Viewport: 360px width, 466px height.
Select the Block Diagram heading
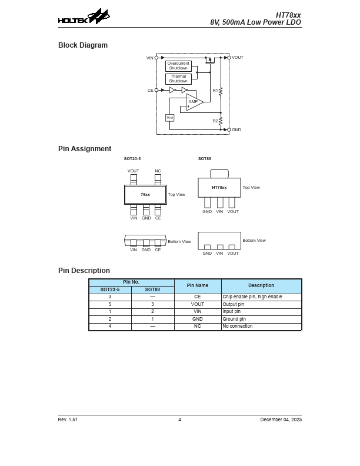(x=82, y=45)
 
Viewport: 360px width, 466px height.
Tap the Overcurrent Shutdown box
(x=178, y=65)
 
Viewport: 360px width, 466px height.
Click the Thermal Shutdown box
(x=178, y=79)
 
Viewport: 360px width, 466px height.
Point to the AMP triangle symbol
(x=194, y=102)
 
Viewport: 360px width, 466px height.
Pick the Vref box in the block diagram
(x=170, y=118)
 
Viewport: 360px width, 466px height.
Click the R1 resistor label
(x=215, y=90)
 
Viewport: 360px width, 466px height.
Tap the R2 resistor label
(x=215, y=121)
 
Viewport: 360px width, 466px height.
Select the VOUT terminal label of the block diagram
(x=237, y=58)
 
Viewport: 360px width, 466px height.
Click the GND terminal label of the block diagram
(x=236, y=129)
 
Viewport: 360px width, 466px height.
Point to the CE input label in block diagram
(x=150, y=90)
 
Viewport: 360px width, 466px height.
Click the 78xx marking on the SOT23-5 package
(x=145, y=194)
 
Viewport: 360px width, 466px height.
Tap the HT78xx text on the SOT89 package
(x=219, y=188)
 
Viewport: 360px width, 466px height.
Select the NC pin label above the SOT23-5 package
(x=158, y=171)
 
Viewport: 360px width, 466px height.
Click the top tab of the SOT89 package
(x=219, y=173)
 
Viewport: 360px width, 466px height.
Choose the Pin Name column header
(x=198, y=285)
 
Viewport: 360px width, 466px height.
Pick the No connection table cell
(x=237, y=326)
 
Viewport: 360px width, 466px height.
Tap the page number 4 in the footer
(x=179, y=420)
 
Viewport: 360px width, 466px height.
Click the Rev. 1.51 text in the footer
(x=68, y=420)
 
